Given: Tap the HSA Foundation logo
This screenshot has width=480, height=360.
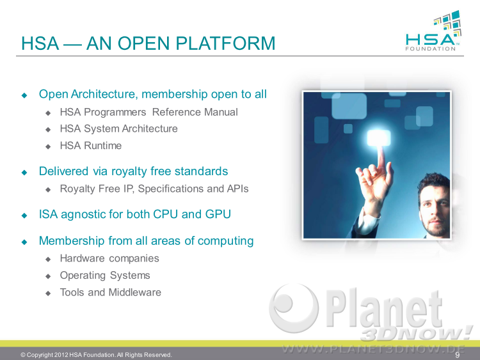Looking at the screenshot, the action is [433, 31].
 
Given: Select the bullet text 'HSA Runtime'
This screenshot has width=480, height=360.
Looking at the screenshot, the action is [91, 146].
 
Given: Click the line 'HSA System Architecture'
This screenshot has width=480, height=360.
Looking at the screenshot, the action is [119, 129].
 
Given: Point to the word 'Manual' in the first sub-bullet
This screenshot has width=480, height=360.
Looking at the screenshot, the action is [221, 113].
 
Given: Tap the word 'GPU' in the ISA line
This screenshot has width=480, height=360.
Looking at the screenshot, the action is [218, 214].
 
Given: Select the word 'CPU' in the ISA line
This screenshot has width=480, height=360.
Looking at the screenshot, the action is [165, 214].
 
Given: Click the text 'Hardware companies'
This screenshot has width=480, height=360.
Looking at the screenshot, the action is [109, 259].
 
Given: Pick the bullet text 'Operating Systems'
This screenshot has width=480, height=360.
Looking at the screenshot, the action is [105, 276].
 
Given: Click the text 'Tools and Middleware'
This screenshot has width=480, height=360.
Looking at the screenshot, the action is [111, 292].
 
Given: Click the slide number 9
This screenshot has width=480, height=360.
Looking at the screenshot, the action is [458, 355].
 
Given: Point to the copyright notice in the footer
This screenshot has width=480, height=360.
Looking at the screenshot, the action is [96, 355].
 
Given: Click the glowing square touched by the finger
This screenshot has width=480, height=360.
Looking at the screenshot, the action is [379, 138].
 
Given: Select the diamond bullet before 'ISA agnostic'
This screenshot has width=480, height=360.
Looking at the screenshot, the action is [24, 215].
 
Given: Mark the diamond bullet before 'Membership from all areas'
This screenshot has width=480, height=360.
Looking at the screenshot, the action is [24, 242].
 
